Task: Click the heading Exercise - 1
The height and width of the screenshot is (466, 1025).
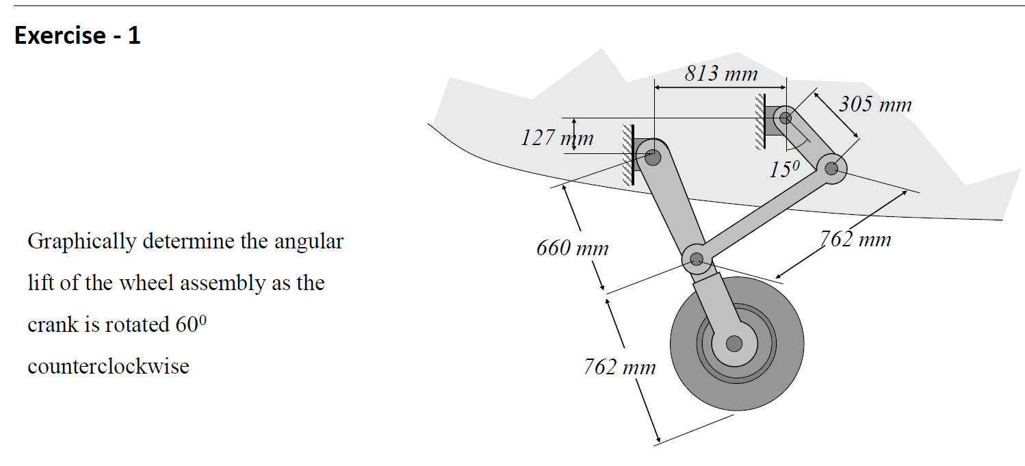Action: point(77,35)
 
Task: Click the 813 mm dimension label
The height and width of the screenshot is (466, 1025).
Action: point(721,73)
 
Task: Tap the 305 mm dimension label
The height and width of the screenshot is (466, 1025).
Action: point(875,105)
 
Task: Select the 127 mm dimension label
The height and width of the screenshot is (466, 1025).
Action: point(556,139)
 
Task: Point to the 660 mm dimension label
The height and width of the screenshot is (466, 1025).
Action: point(572,248)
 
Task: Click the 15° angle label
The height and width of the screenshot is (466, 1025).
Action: point(783,170)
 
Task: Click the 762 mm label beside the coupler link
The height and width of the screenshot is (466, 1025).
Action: point(855,240)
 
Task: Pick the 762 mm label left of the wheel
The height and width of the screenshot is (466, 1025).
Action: point(619,367)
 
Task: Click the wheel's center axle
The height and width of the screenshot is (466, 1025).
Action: point(734,342)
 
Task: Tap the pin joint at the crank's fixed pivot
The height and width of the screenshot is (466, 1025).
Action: point(786,118)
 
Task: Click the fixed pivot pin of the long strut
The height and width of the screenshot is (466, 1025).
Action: point(653,157)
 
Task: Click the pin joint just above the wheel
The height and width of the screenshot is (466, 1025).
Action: point(697,259)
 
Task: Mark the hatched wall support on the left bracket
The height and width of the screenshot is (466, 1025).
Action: point(627,155)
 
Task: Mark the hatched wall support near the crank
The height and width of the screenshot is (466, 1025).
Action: point(759,121)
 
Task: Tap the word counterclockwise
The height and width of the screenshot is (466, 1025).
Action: point(108,366)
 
